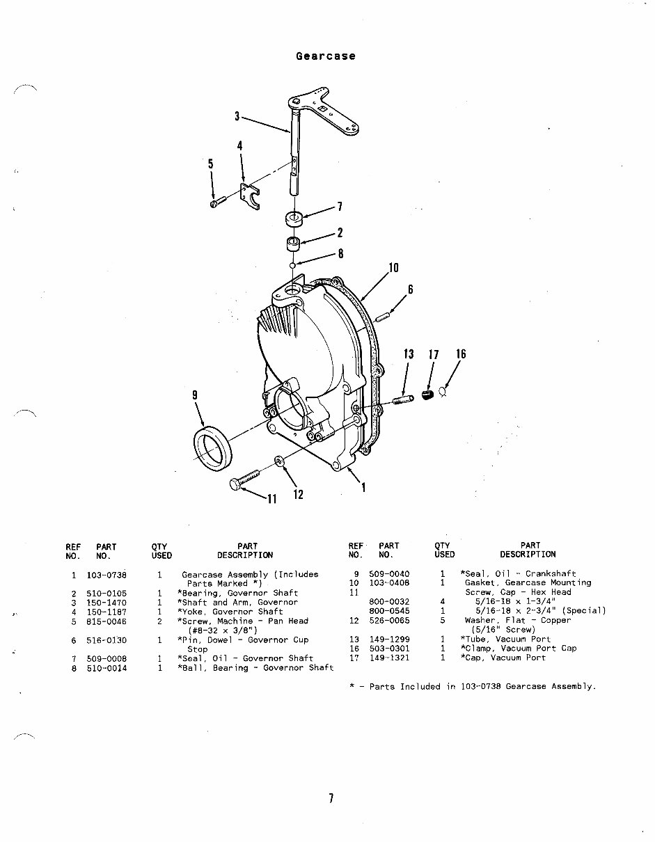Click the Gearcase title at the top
tap(325, 56)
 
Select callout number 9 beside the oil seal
tap(195, 395)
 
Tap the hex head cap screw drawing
tap(243, 480)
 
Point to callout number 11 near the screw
tap(271, 498)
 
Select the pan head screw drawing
tap(217, 202)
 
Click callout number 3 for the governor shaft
tap(237, 116)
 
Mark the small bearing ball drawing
tap(293, 264)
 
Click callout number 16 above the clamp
tap(461, 354)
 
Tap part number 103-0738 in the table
tap(106, 575)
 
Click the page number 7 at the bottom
tap(331, 799)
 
